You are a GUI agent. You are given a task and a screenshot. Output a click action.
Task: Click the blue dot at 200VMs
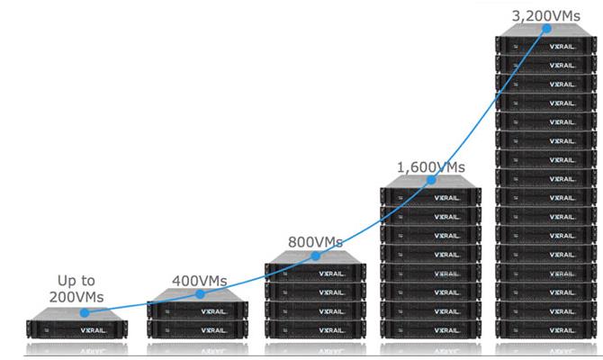(x=84, y=313)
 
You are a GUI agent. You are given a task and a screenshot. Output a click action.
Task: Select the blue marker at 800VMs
(x=314, y=256)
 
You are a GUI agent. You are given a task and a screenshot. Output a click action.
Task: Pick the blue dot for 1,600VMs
(x=430, y=180)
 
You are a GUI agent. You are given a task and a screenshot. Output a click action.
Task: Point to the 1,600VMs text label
(x=430, y=166)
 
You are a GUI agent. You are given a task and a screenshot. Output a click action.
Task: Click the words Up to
(x=76, y=281)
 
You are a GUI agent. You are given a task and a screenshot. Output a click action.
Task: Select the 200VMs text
(x=76, y=297)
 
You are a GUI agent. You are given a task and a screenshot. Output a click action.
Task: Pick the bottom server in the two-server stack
(x=197, y=329)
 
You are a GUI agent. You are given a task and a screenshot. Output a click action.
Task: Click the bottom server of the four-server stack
(x=315, y=329)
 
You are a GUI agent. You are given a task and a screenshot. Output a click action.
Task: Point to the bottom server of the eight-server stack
(x=431, y=329)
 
